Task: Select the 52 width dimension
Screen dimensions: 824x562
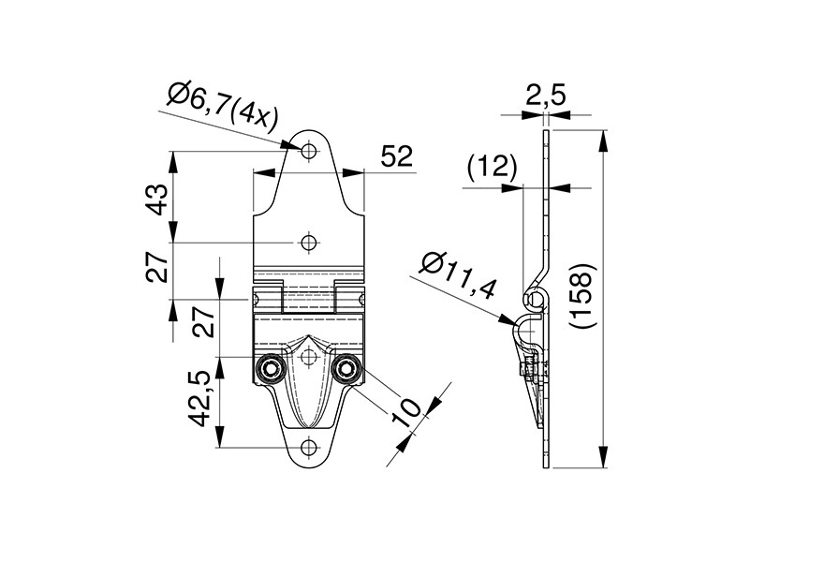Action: (x=397, y=156)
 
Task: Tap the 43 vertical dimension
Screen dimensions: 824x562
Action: (x=157, y=200)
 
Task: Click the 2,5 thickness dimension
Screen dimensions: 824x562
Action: (x=546, y=96)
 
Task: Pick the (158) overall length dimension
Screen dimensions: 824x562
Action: (x=582, y=297)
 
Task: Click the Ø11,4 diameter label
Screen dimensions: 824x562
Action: (x=457, y=276)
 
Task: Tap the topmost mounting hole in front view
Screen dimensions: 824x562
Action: (x=309, y=151)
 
